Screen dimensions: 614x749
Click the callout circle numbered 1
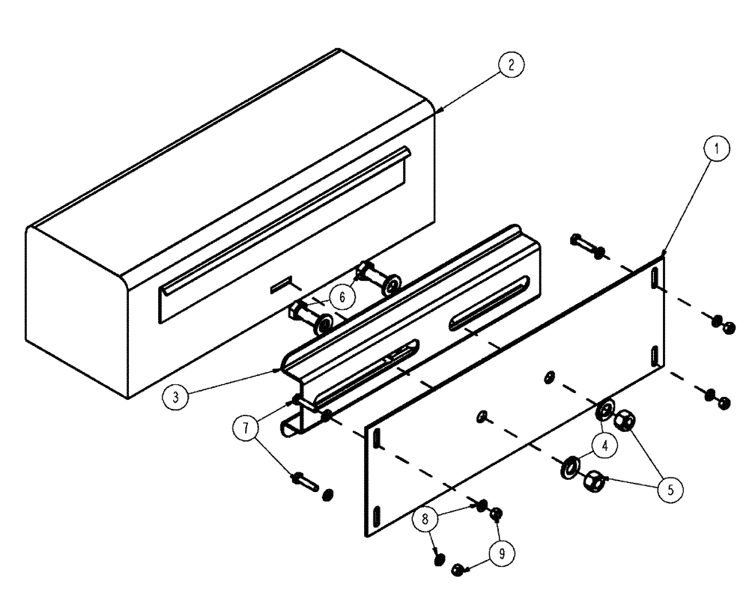(x=716, y=149)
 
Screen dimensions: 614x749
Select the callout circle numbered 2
(x=509, y=64)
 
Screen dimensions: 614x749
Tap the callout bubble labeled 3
(x=175, y=397)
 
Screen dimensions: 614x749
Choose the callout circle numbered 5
(x=670, y=490)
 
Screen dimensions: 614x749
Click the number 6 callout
(x=342, y=297)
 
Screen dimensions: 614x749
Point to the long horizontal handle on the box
(x=285, y=217)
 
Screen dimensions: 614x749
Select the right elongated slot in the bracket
(x=490, y=302)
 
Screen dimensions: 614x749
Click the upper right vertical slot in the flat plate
(x=654, y=276)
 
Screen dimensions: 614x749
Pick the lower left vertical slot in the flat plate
(x=376, y=517)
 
